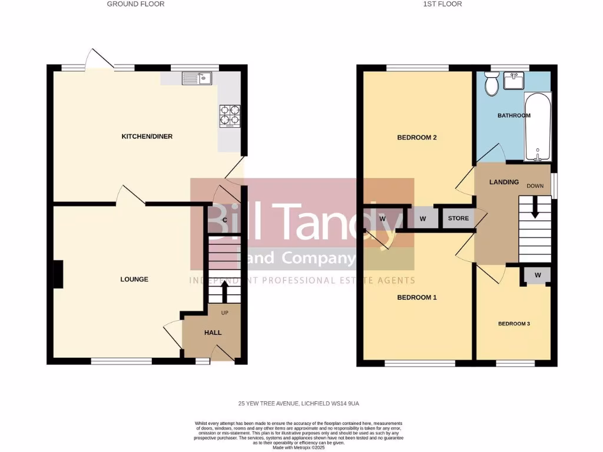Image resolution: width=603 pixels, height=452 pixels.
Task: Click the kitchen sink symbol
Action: [197, 78]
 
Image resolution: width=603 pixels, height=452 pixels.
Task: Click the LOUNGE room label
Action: [135, 279]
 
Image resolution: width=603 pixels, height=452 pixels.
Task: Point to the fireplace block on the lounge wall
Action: [58, 275]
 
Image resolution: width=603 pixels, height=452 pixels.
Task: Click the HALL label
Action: [213, 333]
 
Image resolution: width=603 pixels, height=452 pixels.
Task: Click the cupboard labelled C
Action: [224, 220]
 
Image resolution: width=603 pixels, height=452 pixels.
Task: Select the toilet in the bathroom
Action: [491, 85]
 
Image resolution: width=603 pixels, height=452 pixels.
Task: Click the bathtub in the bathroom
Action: [538, 127]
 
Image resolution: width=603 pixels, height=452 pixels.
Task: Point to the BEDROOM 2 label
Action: [417, 138]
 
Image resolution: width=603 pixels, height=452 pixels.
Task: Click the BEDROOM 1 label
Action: [417, 297]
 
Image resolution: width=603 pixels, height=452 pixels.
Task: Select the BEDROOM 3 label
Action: [514, 323]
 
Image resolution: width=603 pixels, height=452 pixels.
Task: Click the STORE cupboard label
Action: [459, 218]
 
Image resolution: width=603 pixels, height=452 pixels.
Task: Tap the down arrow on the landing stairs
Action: [535, 208]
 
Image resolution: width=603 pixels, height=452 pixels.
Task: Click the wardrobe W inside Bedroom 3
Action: [538, 275]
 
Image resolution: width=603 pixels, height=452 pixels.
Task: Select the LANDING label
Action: [504, 182]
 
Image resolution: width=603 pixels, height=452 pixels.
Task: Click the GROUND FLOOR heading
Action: [135, 4]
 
